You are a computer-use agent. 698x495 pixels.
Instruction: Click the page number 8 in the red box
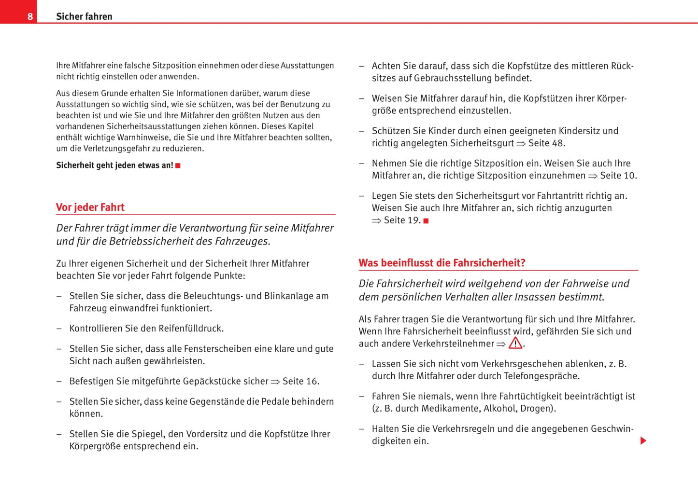click(30, 16)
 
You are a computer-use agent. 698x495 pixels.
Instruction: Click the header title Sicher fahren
click(84, 16)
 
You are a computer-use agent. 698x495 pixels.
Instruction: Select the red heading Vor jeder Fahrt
click(90, 207)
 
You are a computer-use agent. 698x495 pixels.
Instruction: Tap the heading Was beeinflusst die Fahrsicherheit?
click(442, 263)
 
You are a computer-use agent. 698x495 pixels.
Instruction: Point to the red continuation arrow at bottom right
click(643, 440)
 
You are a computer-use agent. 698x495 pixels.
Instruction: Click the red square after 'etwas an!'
click(178, 165)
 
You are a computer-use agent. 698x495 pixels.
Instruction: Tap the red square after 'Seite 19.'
click(426, 221)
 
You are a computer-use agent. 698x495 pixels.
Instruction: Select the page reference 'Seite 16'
click(300, 381)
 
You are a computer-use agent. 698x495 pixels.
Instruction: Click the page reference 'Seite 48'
click(546, 143)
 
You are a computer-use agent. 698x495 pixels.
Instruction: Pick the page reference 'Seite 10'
click(618, 176)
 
